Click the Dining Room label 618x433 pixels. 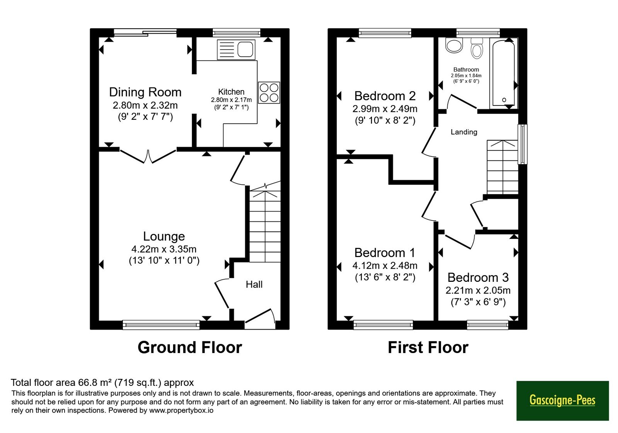145,92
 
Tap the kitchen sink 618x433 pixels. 236,50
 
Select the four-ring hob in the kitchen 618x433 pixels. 269,92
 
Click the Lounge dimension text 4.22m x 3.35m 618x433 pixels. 164,249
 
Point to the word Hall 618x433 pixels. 254,285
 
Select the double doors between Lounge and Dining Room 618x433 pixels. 148,156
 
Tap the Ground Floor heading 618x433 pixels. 190,348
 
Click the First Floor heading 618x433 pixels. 428,348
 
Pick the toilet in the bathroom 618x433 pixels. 477,49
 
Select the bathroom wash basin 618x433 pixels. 454,45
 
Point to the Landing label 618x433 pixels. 464,132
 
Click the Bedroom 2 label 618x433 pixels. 385,96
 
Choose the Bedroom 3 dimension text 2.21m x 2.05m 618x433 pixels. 478,290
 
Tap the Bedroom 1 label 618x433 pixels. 385,253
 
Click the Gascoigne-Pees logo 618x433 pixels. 562,401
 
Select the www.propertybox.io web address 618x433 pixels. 181,410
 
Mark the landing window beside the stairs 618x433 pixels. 522,144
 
